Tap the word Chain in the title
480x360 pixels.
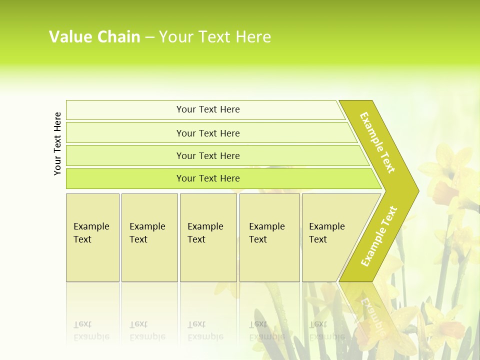tap(118, 36)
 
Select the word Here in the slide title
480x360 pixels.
tap(253, 36)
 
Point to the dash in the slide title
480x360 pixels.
tap(149, 37)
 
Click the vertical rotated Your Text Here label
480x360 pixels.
tap(57, 143)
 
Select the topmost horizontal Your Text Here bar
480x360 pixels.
tap(208, 109)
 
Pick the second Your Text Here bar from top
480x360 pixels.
tap(208, 133)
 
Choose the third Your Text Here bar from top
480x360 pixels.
tap(208, 155)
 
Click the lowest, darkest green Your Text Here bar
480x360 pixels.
tap(208, 178)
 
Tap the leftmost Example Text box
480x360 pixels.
tap(92, 237)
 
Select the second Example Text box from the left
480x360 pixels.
tap(149, 237)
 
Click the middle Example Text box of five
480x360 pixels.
tap(208, 237)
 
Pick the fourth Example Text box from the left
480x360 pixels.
tap(269, 237)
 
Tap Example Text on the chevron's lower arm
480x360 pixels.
tap(379, 236)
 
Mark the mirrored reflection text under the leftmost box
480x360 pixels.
tap(91, 330)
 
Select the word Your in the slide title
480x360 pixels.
tap(175, 36)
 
